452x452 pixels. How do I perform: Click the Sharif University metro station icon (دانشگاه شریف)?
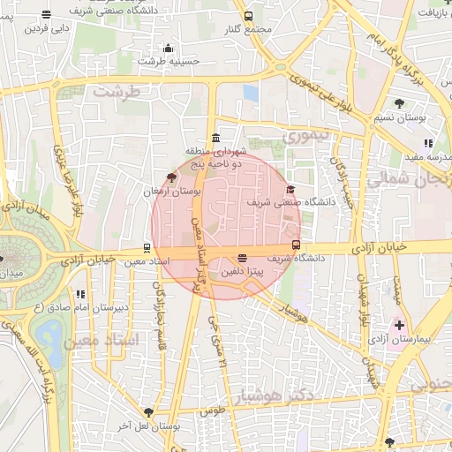tap(295, 245)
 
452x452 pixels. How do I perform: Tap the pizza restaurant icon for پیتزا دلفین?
tap(242, 259)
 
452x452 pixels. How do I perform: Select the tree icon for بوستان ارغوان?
tap(171, 177)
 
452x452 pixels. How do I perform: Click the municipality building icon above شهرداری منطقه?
tap(216, 137)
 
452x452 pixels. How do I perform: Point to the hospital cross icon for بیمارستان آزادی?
tap(400, 326)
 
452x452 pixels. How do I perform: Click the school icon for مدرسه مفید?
tap(428, 143)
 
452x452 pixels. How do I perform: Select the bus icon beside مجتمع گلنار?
tap(247, 16)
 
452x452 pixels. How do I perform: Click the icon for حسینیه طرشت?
tap(168, 48)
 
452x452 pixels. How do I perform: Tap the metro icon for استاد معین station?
tap(147, 248)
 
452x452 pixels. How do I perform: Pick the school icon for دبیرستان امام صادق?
tap(80, 294)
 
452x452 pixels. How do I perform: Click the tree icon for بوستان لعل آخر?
tap(148, 412)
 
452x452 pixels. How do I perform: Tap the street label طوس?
tap(212, 411)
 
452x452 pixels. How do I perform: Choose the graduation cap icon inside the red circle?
tap(291, 190)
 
